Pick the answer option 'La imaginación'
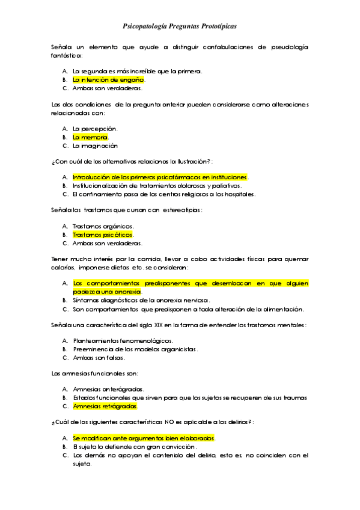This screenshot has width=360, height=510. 94,146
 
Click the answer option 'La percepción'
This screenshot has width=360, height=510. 94,129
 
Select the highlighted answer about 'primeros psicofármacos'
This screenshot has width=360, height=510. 160,177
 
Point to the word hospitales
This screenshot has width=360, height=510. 239,194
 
